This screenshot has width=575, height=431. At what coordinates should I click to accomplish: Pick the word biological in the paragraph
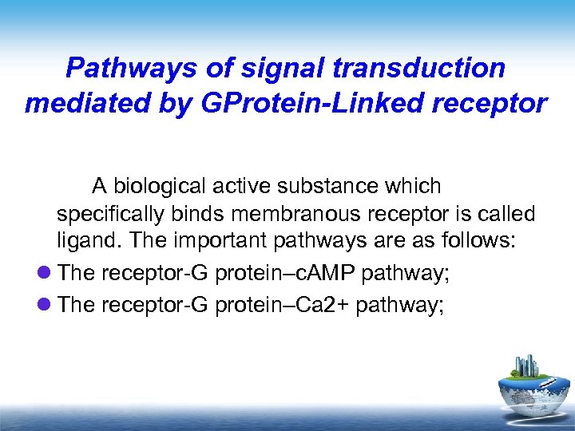click(x=160, y=187)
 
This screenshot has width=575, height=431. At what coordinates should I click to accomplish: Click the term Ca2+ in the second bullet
click(x=321, y=303)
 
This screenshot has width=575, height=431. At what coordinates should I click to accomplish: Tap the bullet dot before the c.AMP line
click(x=45, y=274)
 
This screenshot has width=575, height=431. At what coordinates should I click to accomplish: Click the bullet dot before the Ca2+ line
click(x=45, y=303)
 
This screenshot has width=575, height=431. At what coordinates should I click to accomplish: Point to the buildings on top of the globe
click(x=528, y=366)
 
